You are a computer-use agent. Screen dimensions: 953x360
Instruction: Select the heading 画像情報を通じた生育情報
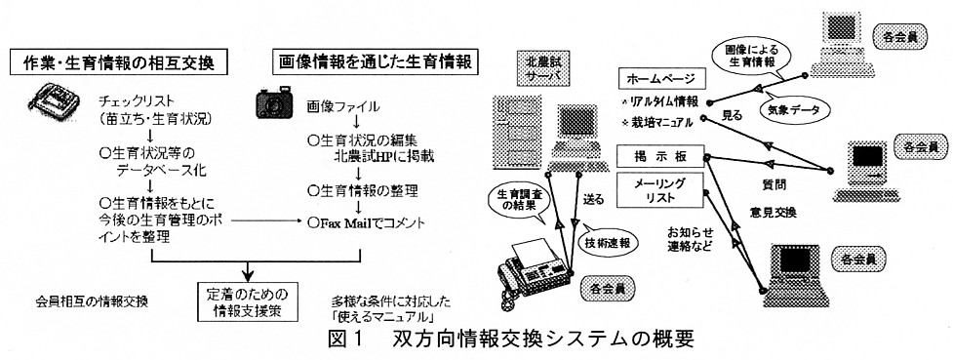tap(376, 61)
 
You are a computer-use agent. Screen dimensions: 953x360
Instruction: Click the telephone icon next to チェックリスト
tap(55, 100)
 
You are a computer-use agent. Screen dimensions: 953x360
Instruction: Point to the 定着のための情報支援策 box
tap(247, 302)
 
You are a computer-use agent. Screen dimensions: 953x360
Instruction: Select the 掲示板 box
tap(660, 156)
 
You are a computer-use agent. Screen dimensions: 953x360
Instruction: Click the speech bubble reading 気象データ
tap(797, 110)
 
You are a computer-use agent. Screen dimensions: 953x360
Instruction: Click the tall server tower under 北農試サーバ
tap(509, 131)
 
